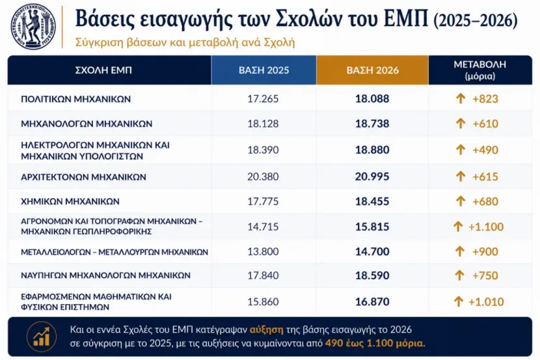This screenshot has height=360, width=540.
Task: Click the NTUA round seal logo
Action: pos(33,27)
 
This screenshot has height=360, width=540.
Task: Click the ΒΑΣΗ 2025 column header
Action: pos(263,70)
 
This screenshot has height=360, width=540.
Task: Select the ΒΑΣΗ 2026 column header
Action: pos(372,70)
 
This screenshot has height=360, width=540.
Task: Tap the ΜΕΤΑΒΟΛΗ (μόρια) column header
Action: pos(479,70)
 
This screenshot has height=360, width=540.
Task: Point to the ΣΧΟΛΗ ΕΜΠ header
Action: pos(103,70)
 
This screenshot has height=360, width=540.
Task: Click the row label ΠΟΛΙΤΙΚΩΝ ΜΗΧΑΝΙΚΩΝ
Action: pos(75,99)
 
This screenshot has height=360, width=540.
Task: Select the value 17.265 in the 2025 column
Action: pos(263,99)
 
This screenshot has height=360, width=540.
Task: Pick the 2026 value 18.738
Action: pos(372,124)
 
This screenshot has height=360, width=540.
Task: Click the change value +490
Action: pos(485,150)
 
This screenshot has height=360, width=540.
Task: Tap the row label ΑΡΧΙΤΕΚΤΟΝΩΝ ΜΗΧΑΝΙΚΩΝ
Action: pos(83,177)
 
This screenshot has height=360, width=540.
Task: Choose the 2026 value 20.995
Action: pos(372,176)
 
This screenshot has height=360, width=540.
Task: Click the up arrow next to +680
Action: pos(461,201)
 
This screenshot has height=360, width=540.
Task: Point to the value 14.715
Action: pos(263,227)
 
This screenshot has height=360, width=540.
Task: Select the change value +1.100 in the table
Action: pos(486,227)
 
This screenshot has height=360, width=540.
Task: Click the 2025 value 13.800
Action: pos(263,251)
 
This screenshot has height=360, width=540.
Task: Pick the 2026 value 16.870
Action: pos(372,302)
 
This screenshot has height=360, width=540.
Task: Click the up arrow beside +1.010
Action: pos(458,302)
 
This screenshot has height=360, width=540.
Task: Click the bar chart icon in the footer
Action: pos(42,337)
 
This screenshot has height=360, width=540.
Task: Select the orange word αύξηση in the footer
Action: pos(267,330)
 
